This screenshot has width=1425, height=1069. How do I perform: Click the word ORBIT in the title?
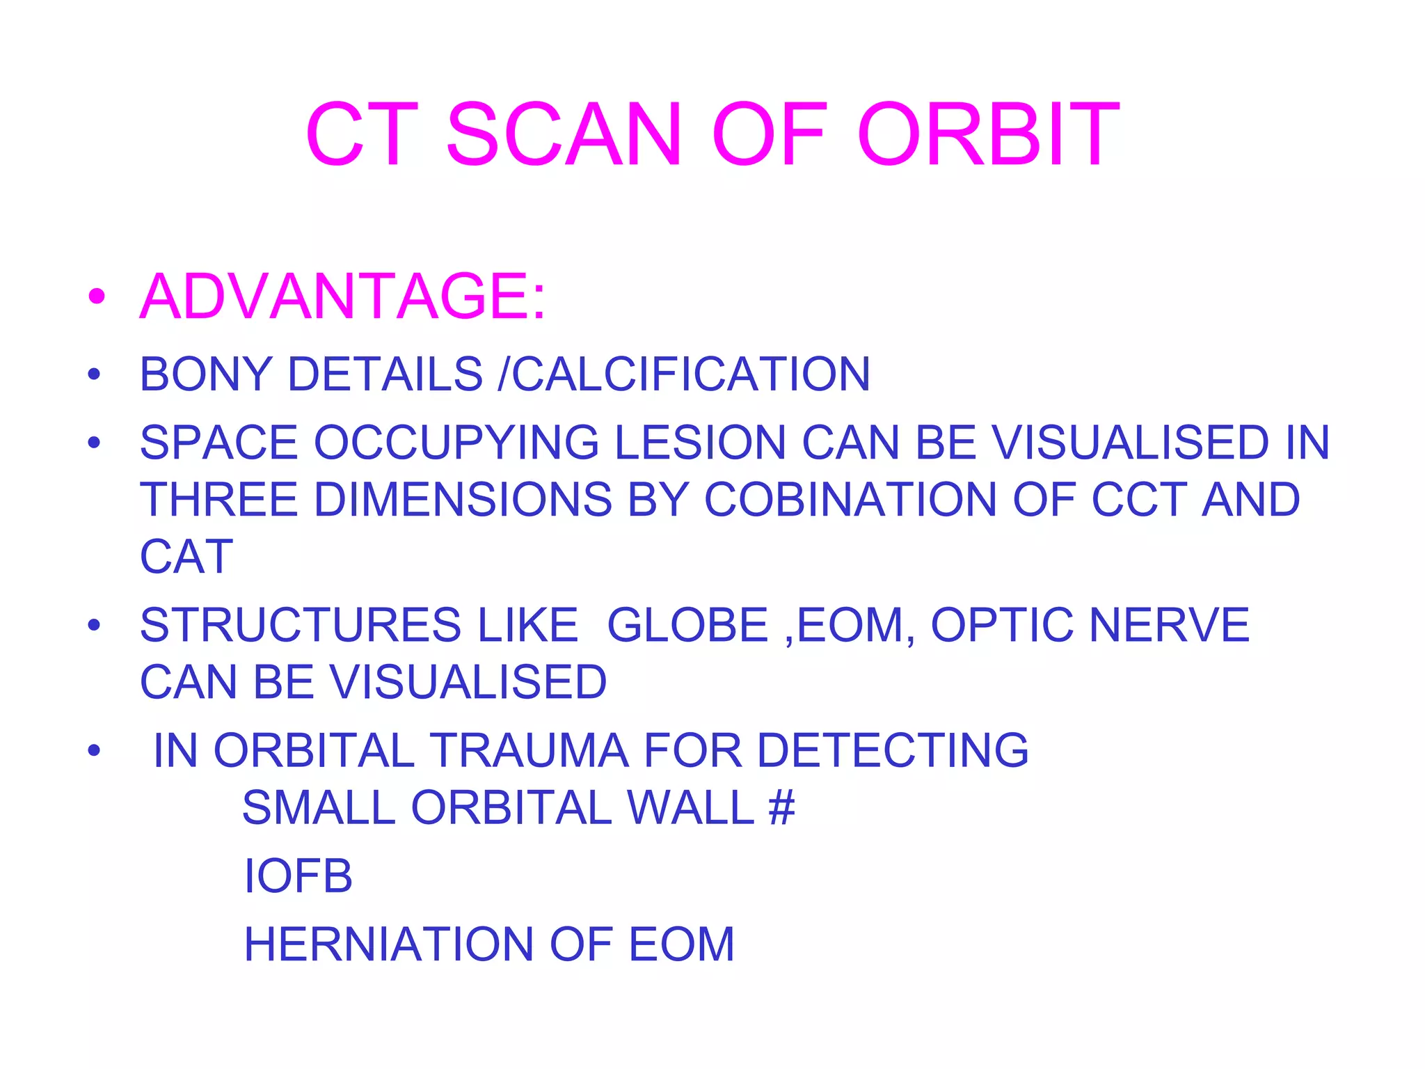[x=988, y=135]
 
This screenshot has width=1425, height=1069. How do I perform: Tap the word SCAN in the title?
[x=564, y=135]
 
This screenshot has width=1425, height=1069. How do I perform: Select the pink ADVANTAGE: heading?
[x=343, y=297]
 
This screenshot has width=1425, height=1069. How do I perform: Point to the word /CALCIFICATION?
[x=684, y=374]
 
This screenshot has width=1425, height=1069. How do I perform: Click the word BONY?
[x=206, y=374]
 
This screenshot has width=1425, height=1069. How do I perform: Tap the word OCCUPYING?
[x=456, y=443]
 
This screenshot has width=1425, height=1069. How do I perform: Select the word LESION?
[x=700, y=443]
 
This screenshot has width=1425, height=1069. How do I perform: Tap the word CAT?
[x=186, y=557]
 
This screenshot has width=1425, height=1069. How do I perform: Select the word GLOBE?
[x=687, y=625]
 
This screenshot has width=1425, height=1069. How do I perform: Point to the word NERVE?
[x=1169, y=625]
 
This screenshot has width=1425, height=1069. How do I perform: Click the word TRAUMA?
[x=530, y=750]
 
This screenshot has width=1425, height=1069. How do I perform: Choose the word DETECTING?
[x=892, y=750]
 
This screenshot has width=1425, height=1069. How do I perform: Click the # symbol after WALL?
[x=781, y=807]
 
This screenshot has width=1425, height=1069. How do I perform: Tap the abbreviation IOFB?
[x=298, y=876]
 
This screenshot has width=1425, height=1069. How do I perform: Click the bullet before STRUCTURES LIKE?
[x=95, y=625]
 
